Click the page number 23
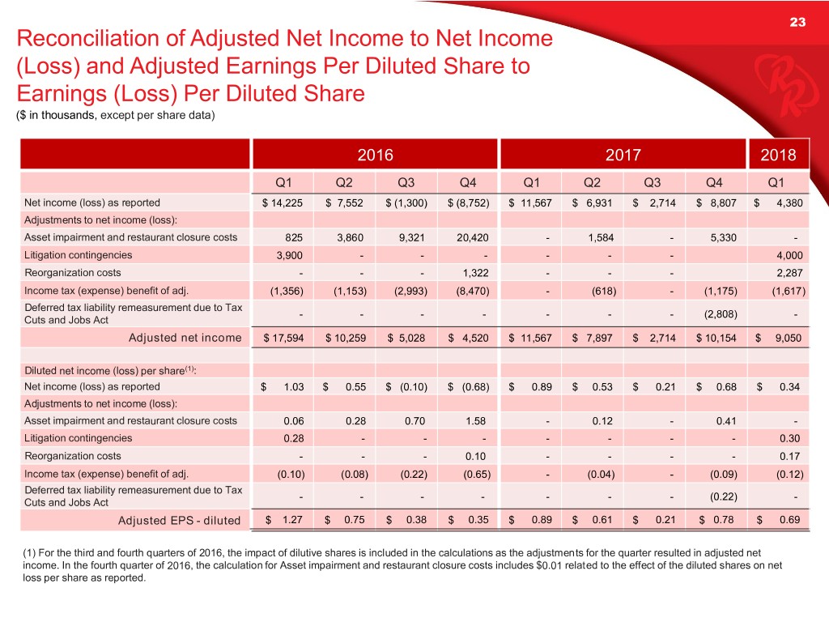(x=797, y=23)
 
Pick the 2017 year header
(x=623, y=155)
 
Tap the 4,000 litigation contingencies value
(x=787, y=255)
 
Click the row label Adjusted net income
(x=185, y=337)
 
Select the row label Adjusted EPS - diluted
(x=180, y=519)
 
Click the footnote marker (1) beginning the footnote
(x=23, y=553)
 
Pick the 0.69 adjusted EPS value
(x=789, y=519)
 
